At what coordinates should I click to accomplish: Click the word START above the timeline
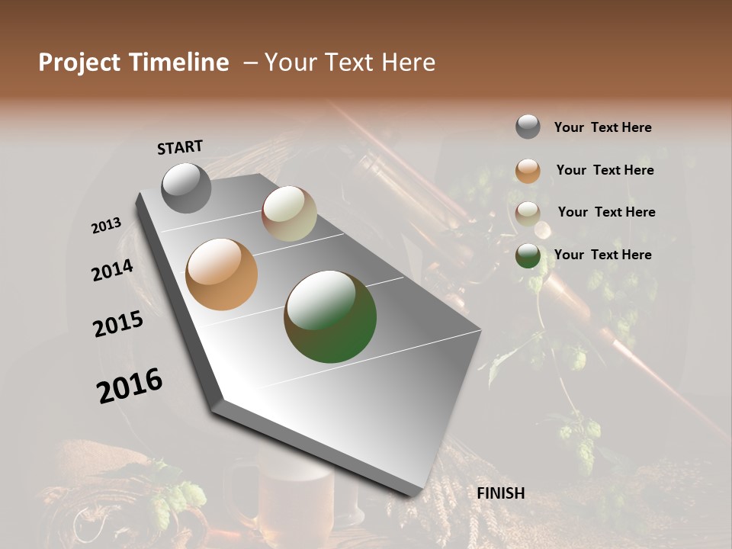[x=180, y=147]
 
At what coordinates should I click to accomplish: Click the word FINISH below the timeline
[x=500, y=493]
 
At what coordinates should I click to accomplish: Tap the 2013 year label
[x=106, y=226]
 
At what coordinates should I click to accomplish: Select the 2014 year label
[x=112, y=270]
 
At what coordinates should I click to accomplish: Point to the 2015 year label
[x=117, y=324]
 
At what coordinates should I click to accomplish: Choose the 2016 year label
[x=129, y=386]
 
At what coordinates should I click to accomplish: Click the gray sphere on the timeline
[x=186, y=188]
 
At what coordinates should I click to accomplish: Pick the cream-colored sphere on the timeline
[x=289, y=213]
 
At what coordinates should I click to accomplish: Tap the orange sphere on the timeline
[x=221, y=274]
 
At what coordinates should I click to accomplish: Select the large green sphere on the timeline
[x=330, y=316]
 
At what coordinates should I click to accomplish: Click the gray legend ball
[x=528, y=127]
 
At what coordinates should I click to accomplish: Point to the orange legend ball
[x=528, y=171]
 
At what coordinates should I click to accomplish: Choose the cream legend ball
[x=528, y=213]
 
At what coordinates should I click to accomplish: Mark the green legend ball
[x=528, y=255]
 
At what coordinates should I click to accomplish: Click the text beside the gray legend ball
[x=602, y=127]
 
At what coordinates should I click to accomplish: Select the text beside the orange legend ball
[x=605, y=170]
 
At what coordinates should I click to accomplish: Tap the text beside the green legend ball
[x=602, y=255]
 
